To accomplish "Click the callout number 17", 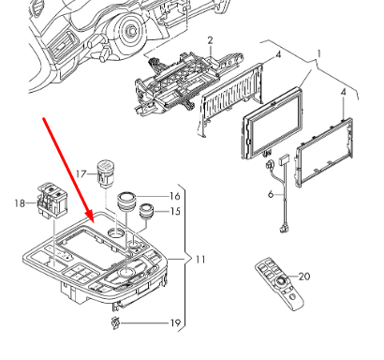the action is (x=81, y=173).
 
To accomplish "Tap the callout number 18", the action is (x=20, y=203).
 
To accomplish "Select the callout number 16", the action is (x=175, y=196).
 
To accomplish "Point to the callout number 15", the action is (x=175, y=212).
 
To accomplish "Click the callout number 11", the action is (x=200, y=260).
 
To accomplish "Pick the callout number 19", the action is (x=175, y=322).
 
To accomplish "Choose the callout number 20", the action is (x=304, y=277).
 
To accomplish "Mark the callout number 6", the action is (x=271, y=194).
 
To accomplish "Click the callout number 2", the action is (x=210, y=40).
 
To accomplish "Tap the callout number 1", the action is (x=318, y=54).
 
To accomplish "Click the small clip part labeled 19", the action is (x=115, y=322).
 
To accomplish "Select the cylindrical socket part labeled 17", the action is (x=105, y=173).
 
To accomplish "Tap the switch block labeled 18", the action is (x=52, y=200).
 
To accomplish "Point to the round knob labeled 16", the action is (x=126, y=202).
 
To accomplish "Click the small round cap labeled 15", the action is (x=146, y=211).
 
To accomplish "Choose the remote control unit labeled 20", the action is (x=279, y=284).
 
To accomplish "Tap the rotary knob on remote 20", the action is (x=280, y=282).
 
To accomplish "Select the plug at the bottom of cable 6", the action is (x=282, y=229).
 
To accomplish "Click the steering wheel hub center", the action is (x=131, y=31).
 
